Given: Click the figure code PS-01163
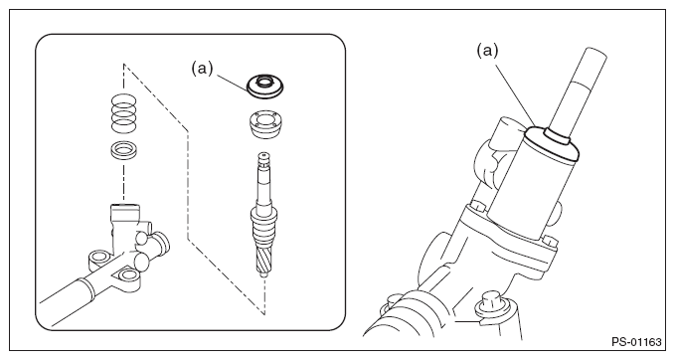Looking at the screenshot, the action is (636, 342).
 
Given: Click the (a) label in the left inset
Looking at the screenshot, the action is (202, 68).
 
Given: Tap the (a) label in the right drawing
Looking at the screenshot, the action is (487, 51).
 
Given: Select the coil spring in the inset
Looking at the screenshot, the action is (123, 113).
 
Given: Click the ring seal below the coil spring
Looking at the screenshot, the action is (123, 150).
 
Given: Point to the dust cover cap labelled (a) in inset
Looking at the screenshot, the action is (264, 86).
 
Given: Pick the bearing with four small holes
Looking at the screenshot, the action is (265, 124).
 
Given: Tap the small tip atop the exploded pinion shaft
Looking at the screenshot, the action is (262, 155).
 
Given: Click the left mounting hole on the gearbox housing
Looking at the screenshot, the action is (98, 259).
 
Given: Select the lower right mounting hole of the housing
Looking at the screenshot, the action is (126, 274).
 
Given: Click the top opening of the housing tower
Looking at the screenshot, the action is (125, 207).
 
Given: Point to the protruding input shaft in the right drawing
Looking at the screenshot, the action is (579, 91).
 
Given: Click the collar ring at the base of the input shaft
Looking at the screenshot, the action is (557, 135).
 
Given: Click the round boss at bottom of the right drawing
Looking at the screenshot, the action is (491, 304).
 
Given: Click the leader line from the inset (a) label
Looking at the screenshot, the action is (232, 83).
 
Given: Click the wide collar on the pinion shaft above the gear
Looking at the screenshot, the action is (263, 214).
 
